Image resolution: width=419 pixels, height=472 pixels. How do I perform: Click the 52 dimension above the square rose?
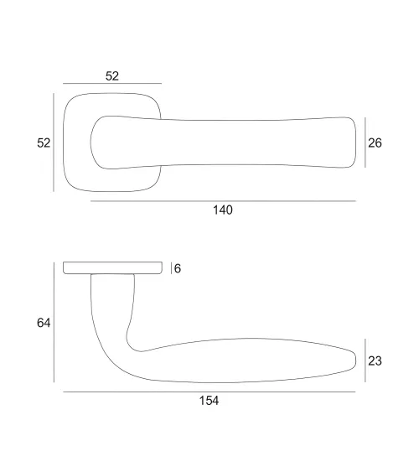point(112,76)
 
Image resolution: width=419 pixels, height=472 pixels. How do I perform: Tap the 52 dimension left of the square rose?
point(44,143)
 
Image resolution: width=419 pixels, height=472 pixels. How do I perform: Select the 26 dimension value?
point(375,143)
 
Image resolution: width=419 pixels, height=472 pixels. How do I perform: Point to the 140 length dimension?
point(223,210)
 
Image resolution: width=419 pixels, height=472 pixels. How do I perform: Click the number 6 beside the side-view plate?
point(178,268)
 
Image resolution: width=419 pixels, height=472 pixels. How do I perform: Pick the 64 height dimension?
point(44,323)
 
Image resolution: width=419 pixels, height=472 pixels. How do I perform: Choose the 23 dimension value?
point(375,360)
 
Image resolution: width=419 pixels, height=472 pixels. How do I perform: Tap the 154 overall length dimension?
point(209,401)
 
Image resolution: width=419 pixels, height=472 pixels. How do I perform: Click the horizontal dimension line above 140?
point(223,200)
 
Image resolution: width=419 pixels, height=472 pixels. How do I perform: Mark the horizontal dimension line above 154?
point(209,392)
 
